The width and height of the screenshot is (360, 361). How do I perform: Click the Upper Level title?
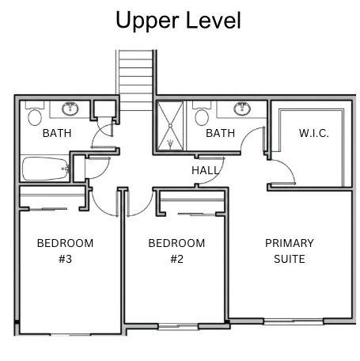[178, 21]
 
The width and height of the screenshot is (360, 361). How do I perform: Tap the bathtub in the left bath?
[46, 169]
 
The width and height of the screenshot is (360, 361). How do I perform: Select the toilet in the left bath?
[35, 113]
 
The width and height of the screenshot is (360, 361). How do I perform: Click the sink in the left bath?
[70, 108]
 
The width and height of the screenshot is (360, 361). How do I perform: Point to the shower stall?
[170, 126]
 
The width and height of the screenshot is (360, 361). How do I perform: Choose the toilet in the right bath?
[202, 113]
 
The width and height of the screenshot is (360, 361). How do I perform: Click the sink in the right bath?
[242, 108]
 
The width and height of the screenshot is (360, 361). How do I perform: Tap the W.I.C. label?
[314, 133]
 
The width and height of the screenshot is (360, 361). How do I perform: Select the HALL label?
[206, 170]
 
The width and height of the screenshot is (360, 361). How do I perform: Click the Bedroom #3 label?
[65, 251]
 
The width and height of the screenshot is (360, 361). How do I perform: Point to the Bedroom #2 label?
[176, 251]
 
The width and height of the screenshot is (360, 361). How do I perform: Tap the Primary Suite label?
[290, 251]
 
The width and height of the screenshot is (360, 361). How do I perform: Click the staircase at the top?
[136, 80]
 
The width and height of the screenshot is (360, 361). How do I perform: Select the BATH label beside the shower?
[220, 133]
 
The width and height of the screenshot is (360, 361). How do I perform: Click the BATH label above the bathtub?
[57, 133]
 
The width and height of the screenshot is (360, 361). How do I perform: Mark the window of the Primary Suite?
[294, 321]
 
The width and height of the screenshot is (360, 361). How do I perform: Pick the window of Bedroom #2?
[178, 327]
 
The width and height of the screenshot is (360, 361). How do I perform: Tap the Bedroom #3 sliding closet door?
[47, 209]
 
